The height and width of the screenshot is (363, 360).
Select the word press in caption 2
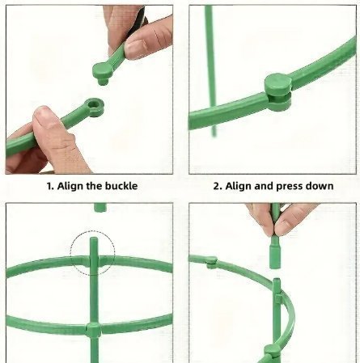click(x=290, y=187)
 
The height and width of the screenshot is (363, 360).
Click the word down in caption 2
click(x=320, y=186)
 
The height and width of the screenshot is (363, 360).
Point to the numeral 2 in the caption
click(x=216, y=186)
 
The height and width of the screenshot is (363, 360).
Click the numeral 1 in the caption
click(x=49, y=186)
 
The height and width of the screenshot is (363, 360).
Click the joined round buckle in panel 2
click(x=278, y=92)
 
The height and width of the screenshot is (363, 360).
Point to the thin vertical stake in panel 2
click(x=210, y=70)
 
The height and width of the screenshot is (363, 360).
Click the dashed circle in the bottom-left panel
click(x=92, y=253)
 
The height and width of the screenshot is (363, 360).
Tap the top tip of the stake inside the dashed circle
click(x=94, y=238)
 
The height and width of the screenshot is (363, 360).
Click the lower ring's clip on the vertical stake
click(x=94, y=330)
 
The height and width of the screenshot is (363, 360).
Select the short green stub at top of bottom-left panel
click(x=100, y=208)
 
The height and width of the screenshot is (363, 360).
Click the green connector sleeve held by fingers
click(x=275, y=252)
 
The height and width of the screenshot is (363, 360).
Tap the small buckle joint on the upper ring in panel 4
click(x=212, y=261)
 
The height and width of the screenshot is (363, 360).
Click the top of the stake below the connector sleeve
click(x=277, y=281)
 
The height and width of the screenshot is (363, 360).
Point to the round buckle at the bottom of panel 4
click(x=272, y=351)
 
